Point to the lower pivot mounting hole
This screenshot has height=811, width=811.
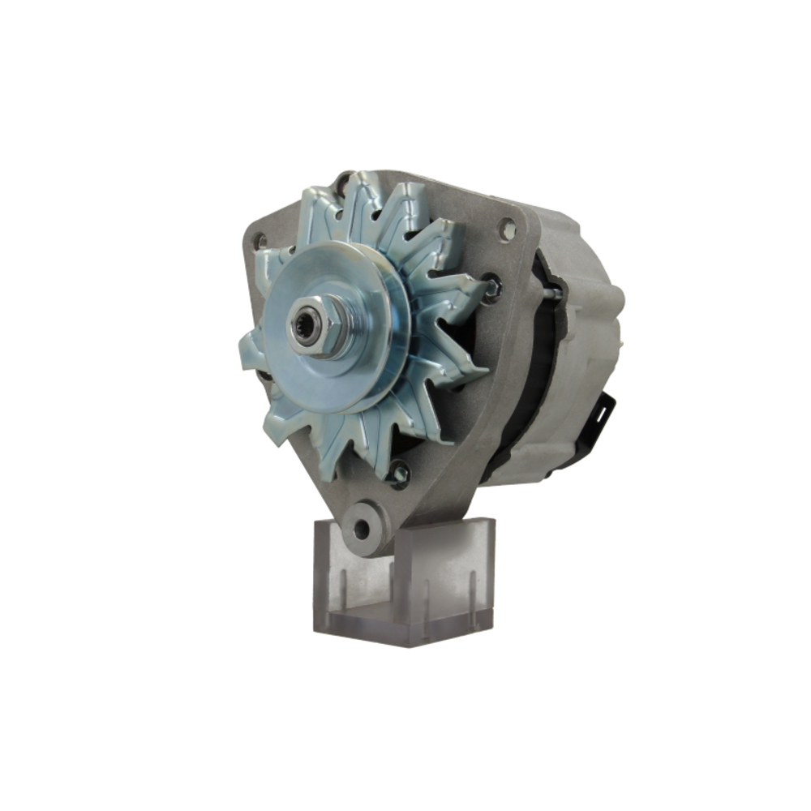click(x=362, y=530)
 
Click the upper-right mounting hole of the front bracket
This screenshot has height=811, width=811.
click(x=507, y=230)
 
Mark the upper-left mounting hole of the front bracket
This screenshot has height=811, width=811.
click(x=260, y=241)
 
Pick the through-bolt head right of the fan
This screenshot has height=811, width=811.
click(x=491, y=288)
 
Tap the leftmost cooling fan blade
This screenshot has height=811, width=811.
click(x=251, y=353)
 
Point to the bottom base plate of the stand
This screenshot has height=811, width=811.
click(x=405, y=629)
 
